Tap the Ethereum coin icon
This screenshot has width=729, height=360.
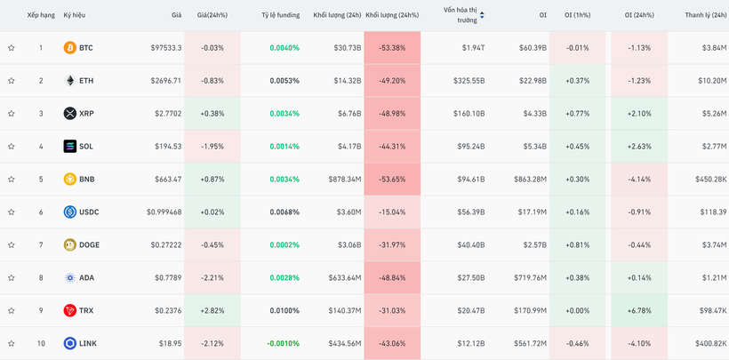coord(70,81)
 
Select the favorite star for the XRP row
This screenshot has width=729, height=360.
coord(12,114)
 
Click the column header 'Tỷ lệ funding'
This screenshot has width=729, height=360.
coord(280,15)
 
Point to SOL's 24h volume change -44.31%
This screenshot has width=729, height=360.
coord(391,147)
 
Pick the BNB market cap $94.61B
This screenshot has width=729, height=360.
coord(471,180)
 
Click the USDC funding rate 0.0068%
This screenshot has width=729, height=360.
coord(284,212)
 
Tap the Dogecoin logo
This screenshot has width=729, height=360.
coord(70,245)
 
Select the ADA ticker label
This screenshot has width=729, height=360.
coord(86,278)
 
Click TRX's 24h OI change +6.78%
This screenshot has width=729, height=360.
coord(639,311)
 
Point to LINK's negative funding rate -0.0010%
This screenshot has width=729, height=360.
coord(283,344)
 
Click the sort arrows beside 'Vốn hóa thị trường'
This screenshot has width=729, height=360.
coord(482,15)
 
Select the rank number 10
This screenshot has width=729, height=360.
coord(41,344)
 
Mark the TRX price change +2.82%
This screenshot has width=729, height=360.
coord(212,311)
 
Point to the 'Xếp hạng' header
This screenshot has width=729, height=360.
coord(41,15)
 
